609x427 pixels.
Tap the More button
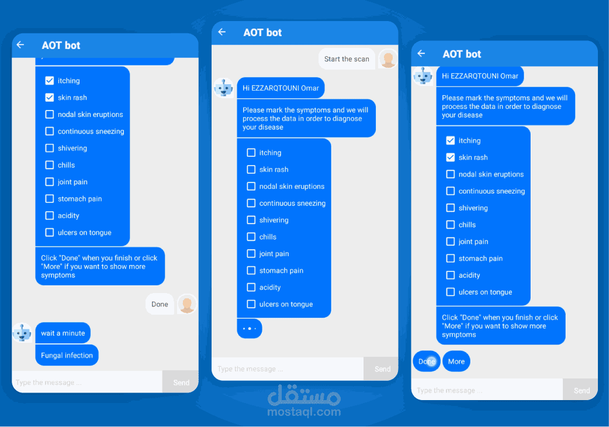click(456, 361)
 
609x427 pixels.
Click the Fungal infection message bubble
click(67, 355)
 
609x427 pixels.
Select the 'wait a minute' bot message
click(63, 333)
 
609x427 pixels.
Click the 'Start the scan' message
click(347, 59)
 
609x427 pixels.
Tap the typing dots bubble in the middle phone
click(250, 329)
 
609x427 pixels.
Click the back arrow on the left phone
click(20, 45)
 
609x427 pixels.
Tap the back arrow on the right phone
click(421, 54)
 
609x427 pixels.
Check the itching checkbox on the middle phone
click(251, 153)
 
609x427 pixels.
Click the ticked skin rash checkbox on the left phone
click(50, 98)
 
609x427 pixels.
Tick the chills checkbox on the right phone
click(451, 225)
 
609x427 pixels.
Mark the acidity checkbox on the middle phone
click(251, 287)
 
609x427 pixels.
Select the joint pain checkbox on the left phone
click(50, 182)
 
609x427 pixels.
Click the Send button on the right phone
click(582, 390)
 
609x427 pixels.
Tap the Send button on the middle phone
click(382, 369)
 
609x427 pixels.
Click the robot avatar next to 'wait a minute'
click(22, 333)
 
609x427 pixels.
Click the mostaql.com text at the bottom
click(304, 412)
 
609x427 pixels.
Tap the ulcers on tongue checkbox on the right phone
click(451, 292)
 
